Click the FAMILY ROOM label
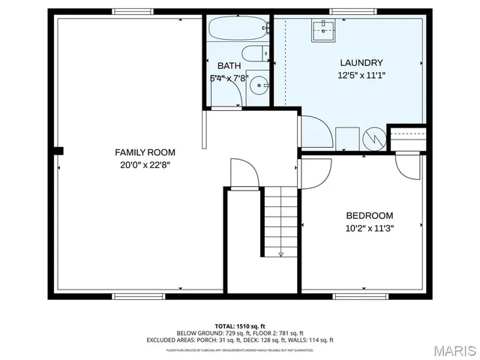tap(135, 152)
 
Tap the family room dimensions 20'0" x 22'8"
tap(135, 166)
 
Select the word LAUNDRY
tap(361, 63)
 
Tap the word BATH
tap(229, 66)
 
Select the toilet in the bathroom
tap(257, 54)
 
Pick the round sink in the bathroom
tap(259, 85)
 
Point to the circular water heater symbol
tap(373, 139)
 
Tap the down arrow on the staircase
tap(281, 253)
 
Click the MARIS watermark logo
tap(451, 350)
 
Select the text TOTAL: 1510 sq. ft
tap(240, 325)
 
